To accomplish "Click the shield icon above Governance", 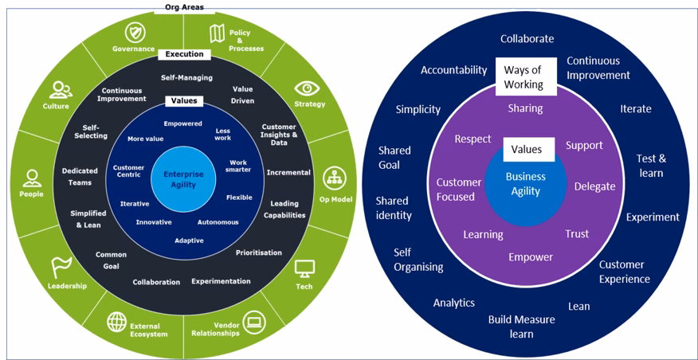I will pyautogui.click(x=135, y=32).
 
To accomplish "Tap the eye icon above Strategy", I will pyautogui.click(x=306, y=88).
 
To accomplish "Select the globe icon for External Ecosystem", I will pyautogui.click(x=117, y=322).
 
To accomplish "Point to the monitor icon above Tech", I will pyautogui.click(x=304, y=269).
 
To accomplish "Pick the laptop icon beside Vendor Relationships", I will pyautogui.click(x=255, y=323).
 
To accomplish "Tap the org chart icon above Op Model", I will pyautogui.click(x=333, y=178).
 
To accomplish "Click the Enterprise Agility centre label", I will pyautogui.click(x=184, y=178).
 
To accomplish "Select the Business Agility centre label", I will pyautogui.click(x=525, y=184).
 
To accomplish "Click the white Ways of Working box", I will pyautogui.click(x=523, y=77).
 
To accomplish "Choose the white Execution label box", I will pyautogui.click(x=185, y=55).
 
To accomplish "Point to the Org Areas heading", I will pyautogui.click(x=184, y=7).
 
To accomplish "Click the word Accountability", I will pyautogui.click(x=453, y=70).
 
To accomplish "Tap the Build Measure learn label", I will pyautogui.click(x=522, y=327).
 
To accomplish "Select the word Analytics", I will pyautogui.click(x=453, y=303).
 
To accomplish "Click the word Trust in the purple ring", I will pyautogui.click(x=577, y=234).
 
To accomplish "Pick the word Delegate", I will pyautogui.click(x=594, y=186).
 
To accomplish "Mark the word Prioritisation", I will pyautogui.click(x=258, y=253).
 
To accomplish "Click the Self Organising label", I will pyautogui.click(x=418, y=260).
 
